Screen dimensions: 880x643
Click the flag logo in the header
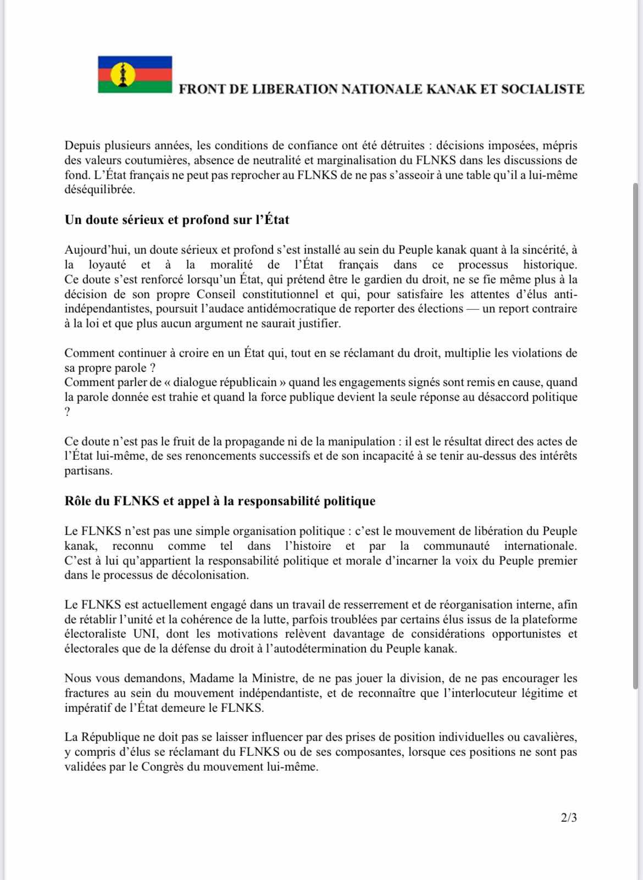click(135, 75)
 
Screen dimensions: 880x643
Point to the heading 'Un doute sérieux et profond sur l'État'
click(177, 220)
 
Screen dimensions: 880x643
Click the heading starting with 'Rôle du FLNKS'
click(220, 501)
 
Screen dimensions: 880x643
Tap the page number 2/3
click(569, 818)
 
